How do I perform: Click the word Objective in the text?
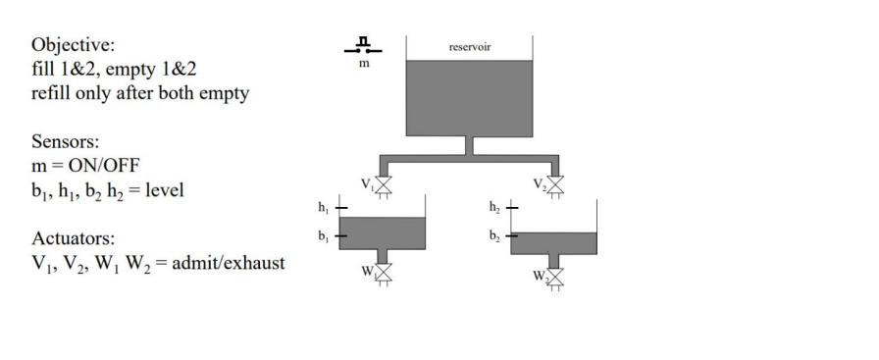point(70,46)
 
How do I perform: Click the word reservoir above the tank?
point(468,46)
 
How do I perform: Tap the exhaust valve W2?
point(556,279)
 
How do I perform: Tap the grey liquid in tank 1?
point(384,232)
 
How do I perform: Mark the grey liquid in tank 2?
point(554,242)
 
